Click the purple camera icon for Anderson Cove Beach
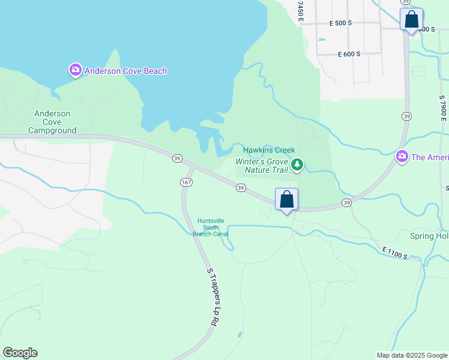click(75, 71)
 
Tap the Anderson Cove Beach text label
click(125, 71)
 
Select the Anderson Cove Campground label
click(52, 122)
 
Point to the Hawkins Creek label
click(267, 150)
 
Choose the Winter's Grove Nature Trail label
click(262, 166)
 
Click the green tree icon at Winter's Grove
click(297, 164)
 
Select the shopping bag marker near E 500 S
click(411, 19)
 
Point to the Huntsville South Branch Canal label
click(210, 227)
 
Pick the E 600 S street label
click(349, 54)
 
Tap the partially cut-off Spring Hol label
click(429, 236)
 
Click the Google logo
click(20, 353)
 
